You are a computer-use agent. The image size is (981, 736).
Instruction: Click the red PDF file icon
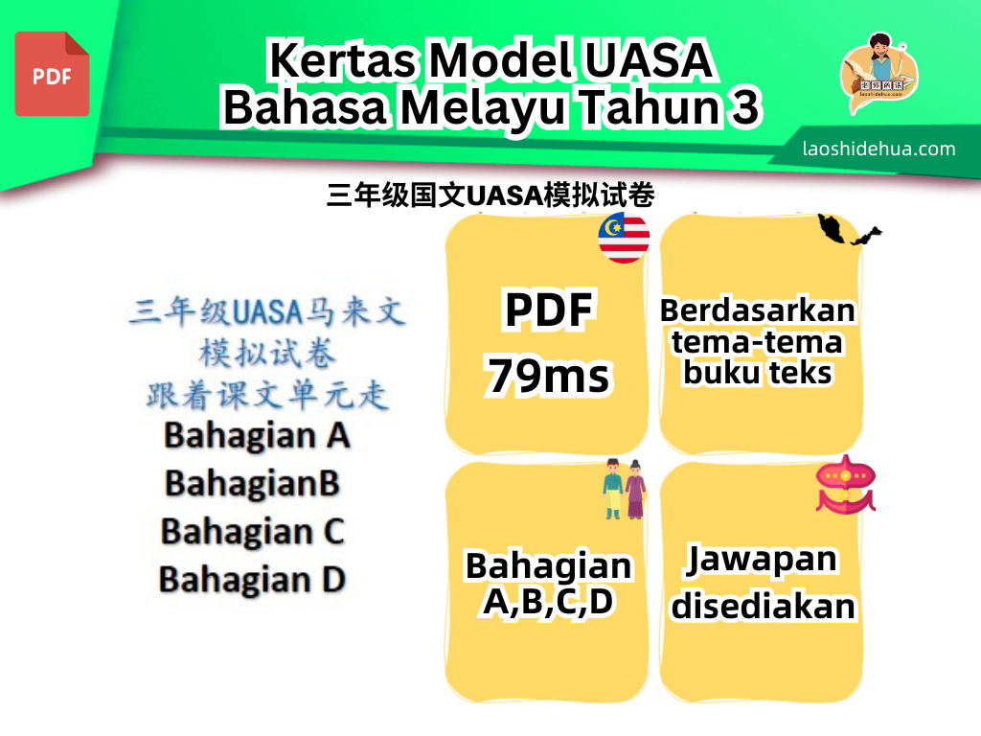52,74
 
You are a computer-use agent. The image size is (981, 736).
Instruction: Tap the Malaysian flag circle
624,238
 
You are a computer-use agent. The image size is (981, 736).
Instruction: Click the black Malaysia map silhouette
849,230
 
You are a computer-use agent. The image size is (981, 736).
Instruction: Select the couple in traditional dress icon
625,489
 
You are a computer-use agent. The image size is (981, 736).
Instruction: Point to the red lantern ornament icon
846,484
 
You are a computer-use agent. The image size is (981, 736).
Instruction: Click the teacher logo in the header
879,73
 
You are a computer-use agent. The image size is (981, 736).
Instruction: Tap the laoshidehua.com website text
879,149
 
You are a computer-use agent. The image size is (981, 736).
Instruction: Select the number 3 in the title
744,106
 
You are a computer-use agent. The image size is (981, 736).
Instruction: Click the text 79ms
549,376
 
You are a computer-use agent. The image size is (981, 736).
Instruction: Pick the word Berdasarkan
758,310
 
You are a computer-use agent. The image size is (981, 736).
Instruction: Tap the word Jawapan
762,559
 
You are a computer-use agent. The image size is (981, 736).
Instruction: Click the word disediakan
764,606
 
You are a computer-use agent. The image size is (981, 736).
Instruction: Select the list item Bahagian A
257,436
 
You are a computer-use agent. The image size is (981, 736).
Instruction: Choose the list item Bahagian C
253,532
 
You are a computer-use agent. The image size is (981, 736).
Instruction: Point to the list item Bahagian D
252,580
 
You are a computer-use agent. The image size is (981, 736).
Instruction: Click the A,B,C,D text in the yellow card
548,602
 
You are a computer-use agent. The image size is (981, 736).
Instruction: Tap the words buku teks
758,373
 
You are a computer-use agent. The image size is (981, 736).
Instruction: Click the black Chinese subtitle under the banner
491,195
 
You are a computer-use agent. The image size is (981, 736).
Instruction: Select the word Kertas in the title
343,60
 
